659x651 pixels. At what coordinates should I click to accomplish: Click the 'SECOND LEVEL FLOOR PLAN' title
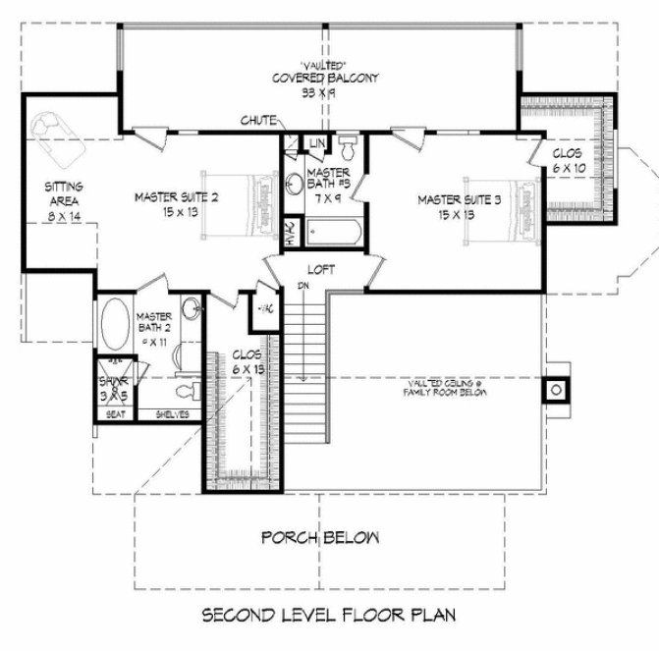pos(330,617)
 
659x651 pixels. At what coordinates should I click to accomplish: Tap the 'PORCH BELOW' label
pos(320,538)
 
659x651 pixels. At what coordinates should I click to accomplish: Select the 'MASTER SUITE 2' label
pos(177,197)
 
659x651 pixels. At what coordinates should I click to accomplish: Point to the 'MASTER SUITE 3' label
pos(459,199)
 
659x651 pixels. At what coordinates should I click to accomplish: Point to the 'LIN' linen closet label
pos(316,145)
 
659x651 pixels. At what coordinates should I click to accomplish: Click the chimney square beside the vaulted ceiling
pos(556,390)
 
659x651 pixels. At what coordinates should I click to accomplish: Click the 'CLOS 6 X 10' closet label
pos(568,160)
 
